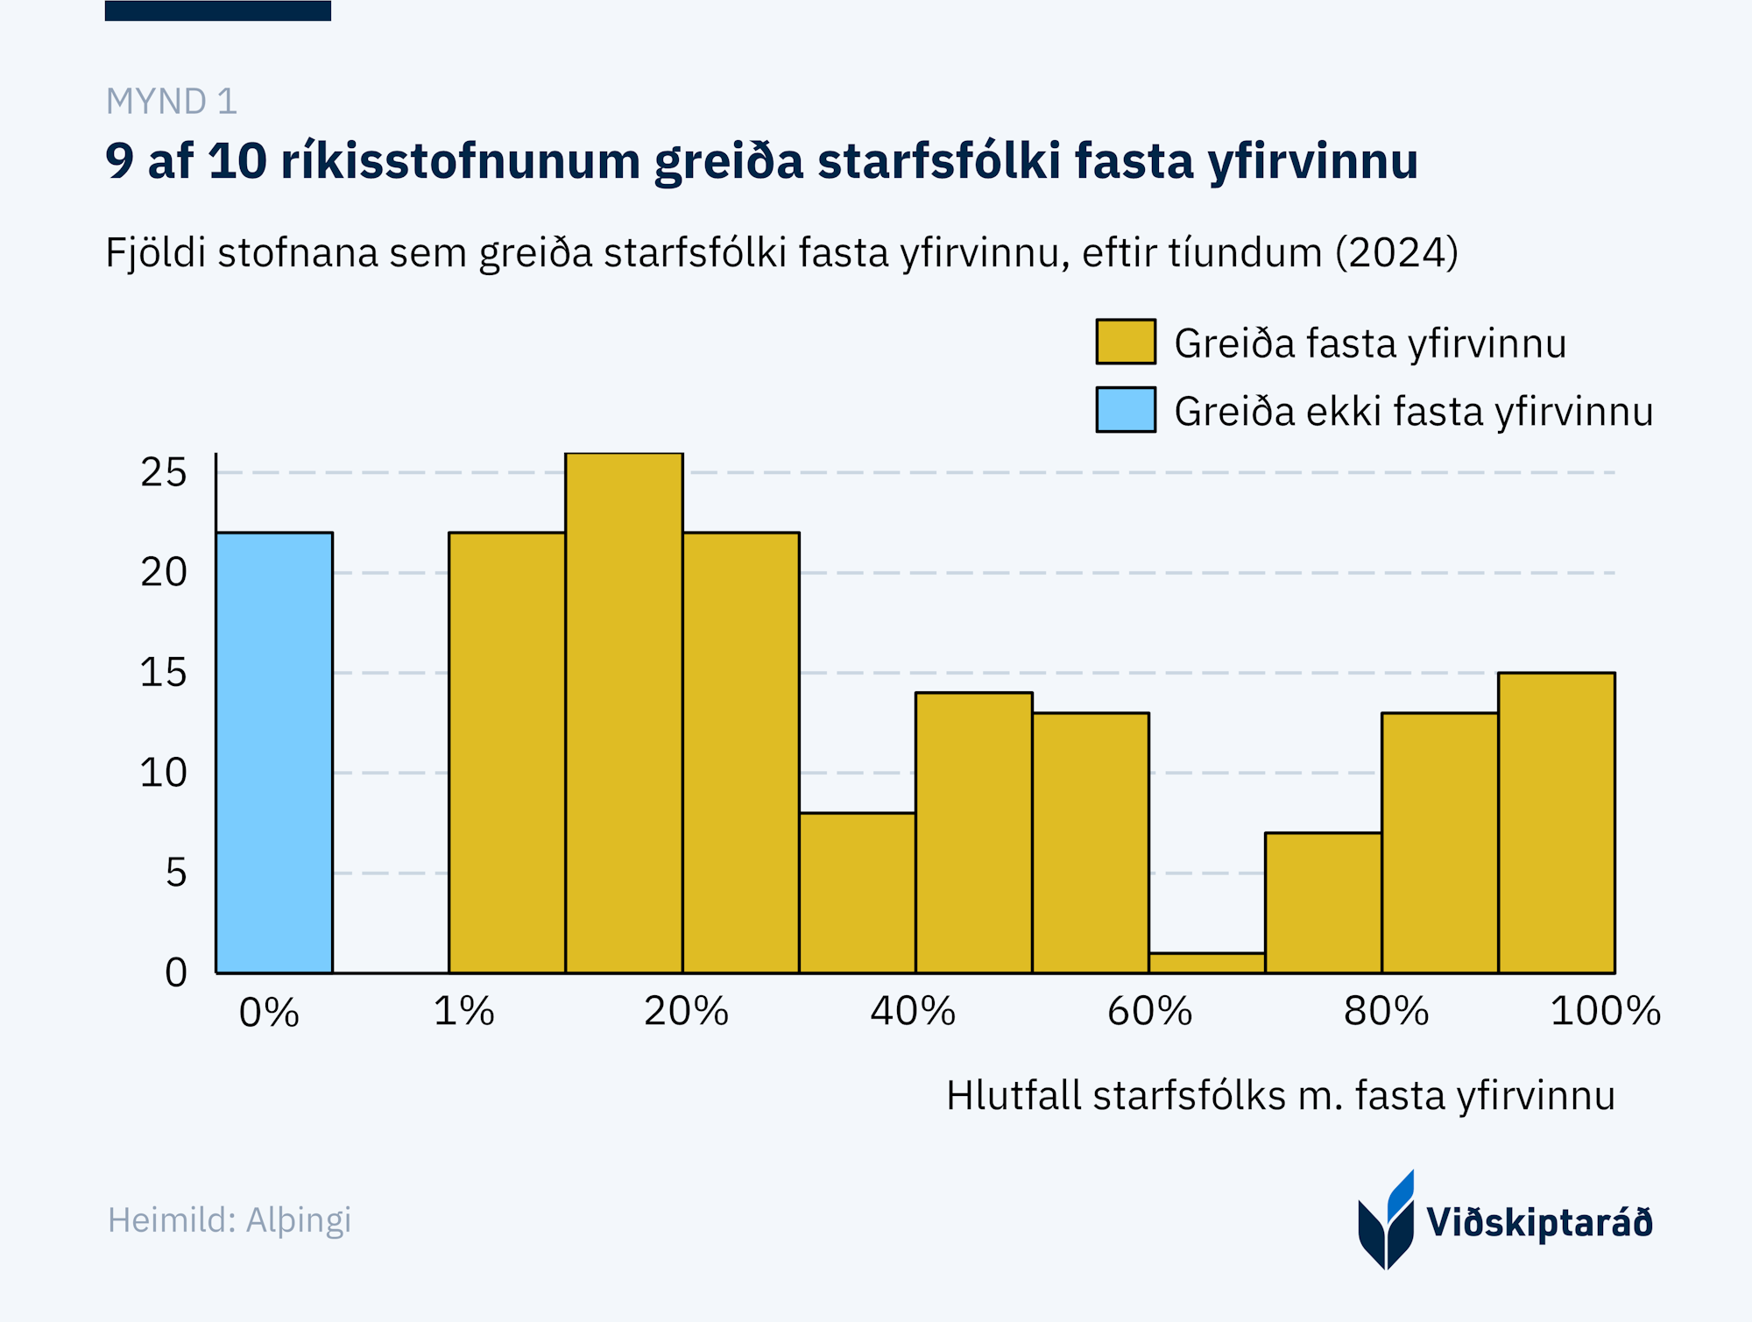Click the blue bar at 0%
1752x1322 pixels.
tap(274, 753)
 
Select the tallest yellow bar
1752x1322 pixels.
tap(624, 713)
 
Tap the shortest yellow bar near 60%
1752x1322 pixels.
tap(1206, 963)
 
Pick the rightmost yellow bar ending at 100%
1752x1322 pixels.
tap(1556, 823)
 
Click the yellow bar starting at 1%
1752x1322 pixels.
tap(506, 753)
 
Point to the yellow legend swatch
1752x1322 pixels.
tap(1126, 342)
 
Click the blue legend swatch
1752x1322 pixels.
tap(1126, 410)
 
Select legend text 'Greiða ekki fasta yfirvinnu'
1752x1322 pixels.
tap(1413, 412)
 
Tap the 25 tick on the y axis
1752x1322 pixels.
tap(164, 473)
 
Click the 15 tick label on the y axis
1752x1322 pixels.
tap(164, 673)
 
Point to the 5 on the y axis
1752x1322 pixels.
tap(176, 873)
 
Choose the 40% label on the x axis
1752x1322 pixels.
tap(913, 1012)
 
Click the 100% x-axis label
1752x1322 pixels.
tap(1605, 1012)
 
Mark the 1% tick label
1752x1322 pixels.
tap(464, 1012)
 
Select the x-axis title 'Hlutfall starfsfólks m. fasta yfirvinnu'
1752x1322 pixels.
tap(1280, 1096)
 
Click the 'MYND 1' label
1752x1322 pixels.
tap(172, 102)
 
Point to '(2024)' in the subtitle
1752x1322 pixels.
tap(1396, 253)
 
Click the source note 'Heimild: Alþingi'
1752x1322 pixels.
tap(230, 1219)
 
